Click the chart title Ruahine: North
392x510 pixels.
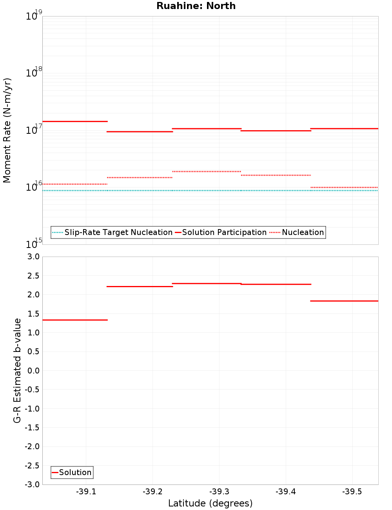coord(196,6)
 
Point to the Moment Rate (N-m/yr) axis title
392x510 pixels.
coord(7,130)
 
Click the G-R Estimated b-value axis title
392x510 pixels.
coord(17,370)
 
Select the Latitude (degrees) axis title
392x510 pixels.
coord(210,503)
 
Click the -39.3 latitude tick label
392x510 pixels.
coord(219,492)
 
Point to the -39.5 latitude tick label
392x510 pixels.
coord(352,492)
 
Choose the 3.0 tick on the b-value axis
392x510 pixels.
coord(32,257)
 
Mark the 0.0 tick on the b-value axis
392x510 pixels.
coord(32,371)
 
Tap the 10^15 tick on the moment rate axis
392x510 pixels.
coord(34,244)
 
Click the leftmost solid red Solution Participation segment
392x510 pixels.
coord(74,122)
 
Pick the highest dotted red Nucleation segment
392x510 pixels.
coord(206,171)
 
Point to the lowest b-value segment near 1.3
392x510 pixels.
coord(74,320)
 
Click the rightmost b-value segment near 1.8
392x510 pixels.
coord(344,301)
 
